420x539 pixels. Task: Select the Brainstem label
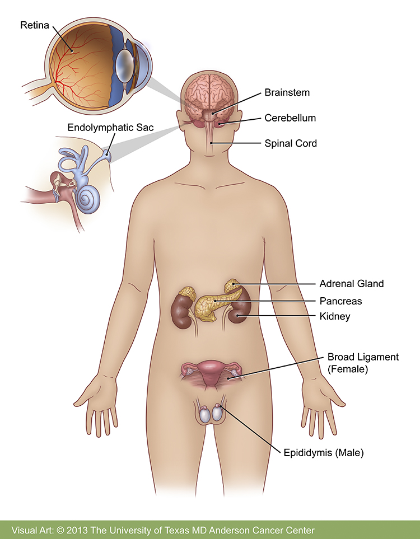tap(287, 92)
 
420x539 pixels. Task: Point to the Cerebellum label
tap(290, 118)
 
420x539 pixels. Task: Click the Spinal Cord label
tap(291, 143)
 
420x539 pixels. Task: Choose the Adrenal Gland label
tap(351, 284)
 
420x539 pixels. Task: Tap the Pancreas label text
tap(340, 301)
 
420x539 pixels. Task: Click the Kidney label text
tap(334, 316)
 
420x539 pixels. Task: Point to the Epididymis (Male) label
tap(324, 453)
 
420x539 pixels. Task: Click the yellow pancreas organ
tap(207, 305)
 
